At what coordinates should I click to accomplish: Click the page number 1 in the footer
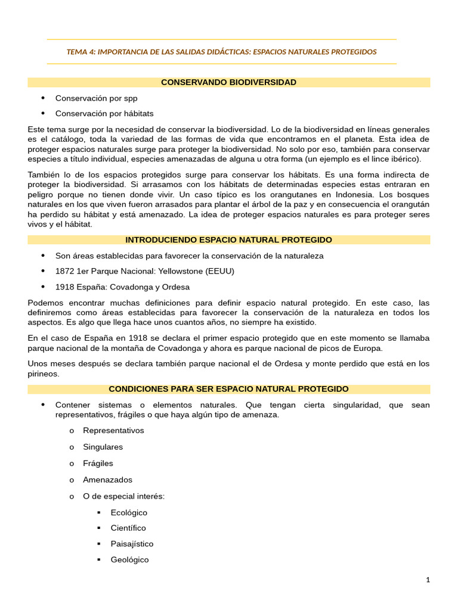pos(428,580)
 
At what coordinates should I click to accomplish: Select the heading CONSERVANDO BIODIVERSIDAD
pos(228,82)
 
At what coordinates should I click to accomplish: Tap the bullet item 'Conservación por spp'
pos(97,98)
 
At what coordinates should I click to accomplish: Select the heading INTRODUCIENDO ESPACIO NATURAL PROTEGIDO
pos(228,239)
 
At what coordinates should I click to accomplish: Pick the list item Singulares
pos(103,447)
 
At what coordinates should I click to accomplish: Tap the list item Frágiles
pos(98,463)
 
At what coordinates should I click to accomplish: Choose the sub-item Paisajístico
pos(132,543)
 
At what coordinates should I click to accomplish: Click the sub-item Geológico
pos(129,559)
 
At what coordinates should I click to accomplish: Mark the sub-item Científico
pos(128,528)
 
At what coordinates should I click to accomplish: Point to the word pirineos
pos(44,374)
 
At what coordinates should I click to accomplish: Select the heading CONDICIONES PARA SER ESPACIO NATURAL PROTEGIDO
pos(228,388)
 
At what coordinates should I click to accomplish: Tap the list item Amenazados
pos(107,480)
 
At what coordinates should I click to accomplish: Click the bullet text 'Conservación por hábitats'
pos(104,113)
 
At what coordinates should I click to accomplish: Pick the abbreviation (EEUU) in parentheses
pos(219,271)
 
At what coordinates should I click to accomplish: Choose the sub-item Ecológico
pos(129,512)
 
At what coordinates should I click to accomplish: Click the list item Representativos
pos(113,430)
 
